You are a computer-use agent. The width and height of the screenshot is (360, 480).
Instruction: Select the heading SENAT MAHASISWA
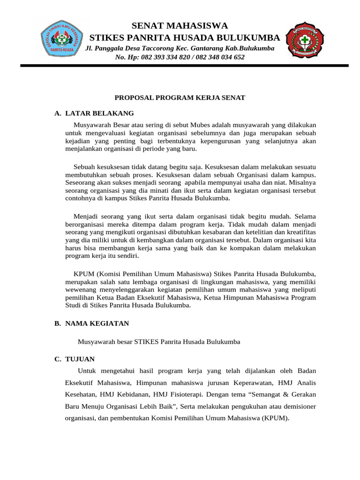pyautogui.click(x=180, y=25)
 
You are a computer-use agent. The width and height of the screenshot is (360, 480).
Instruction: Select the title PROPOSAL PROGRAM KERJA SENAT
pyautogui.click(x=180, y=97)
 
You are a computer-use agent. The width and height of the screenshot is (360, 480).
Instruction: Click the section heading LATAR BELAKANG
pyautogui.click(x=99, y=113)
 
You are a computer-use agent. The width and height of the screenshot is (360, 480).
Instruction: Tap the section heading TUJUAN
pyautogui.click(x=80, y=359)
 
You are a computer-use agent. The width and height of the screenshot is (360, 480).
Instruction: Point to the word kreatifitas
pyautogui.click(x=300, y=232)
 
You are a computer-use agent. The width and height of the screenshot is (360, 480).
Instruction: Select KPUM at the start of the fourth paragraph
pyautogui.click(x=83, y=273)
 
